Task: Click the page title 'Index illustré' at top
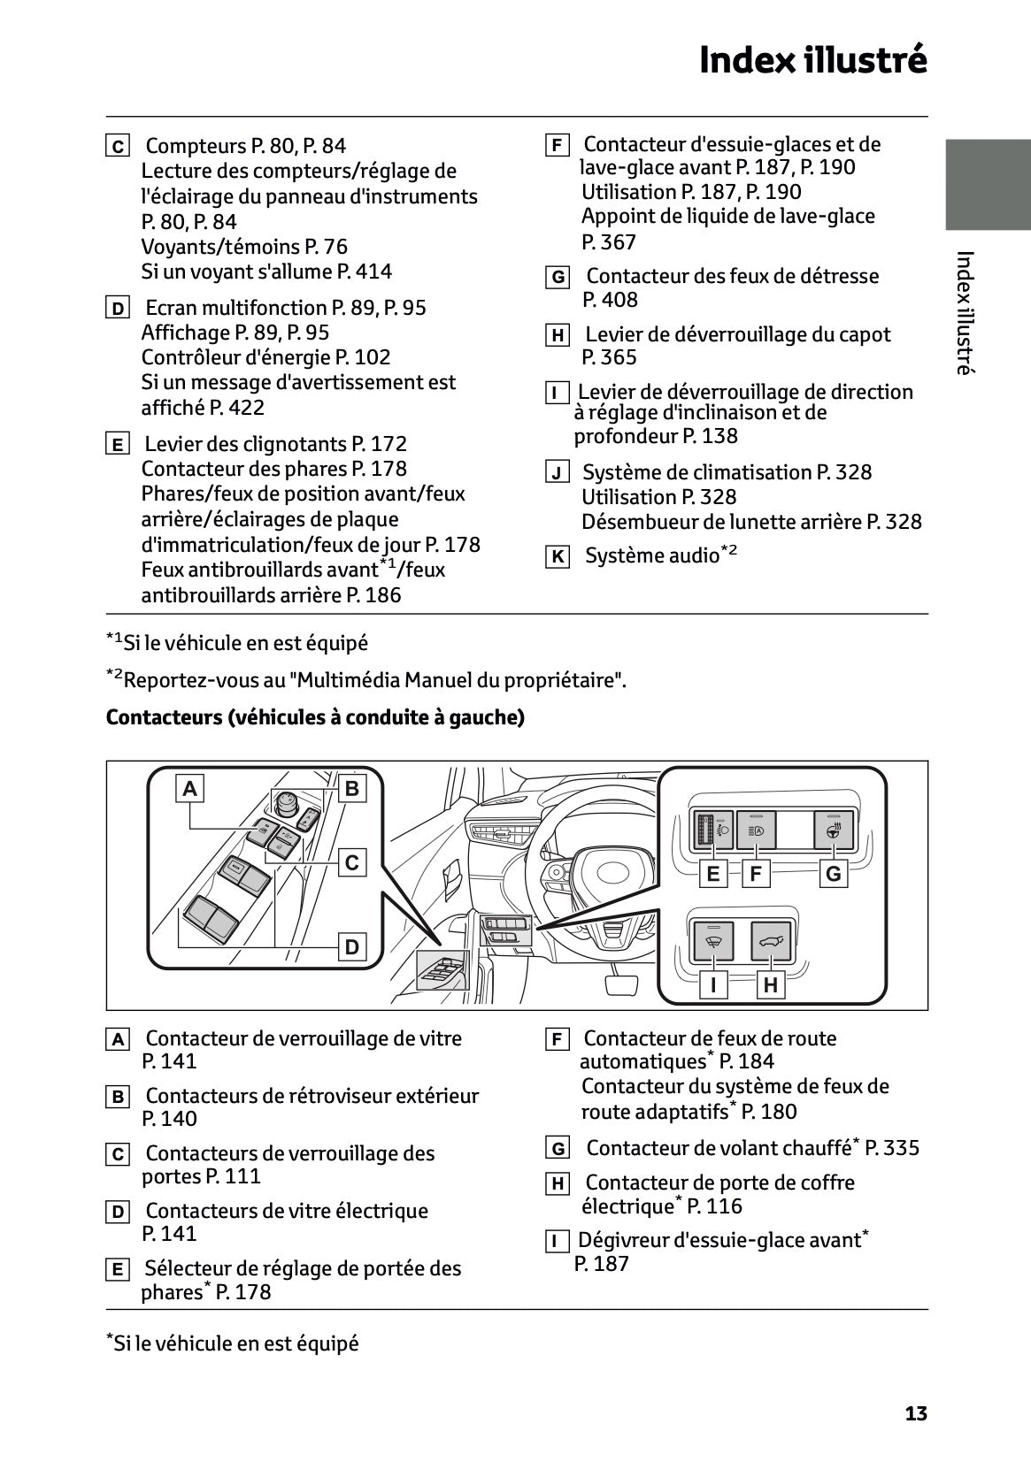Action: click(812, 61)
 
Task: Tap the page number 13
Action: click(916, 1413)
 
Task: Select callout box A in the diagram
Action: click(189, 788)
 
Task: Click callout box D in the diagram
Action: click(352, 947)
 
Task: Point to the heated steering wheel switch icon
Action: click(833, 831)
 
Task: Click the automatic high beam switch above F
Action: click(756, 831)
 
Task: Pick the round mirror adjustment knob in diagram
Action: click(287, 803)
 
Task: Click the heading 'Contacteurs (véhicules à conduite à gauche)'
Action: click(315, 717)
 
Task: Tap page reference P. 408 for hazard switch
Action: click(610, 300)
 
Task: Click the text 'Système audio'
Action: click(652, 555)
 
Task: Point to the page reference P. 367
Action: click(609, 242)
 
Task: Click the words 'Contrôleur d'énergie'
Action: click(235, 357)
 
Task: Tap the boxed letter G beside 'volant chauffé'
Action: click(558, 1149)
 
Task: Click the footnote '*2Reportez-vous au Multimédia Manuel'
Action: click(366, 680)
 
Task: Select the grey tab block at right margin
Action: click(988, 185)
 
